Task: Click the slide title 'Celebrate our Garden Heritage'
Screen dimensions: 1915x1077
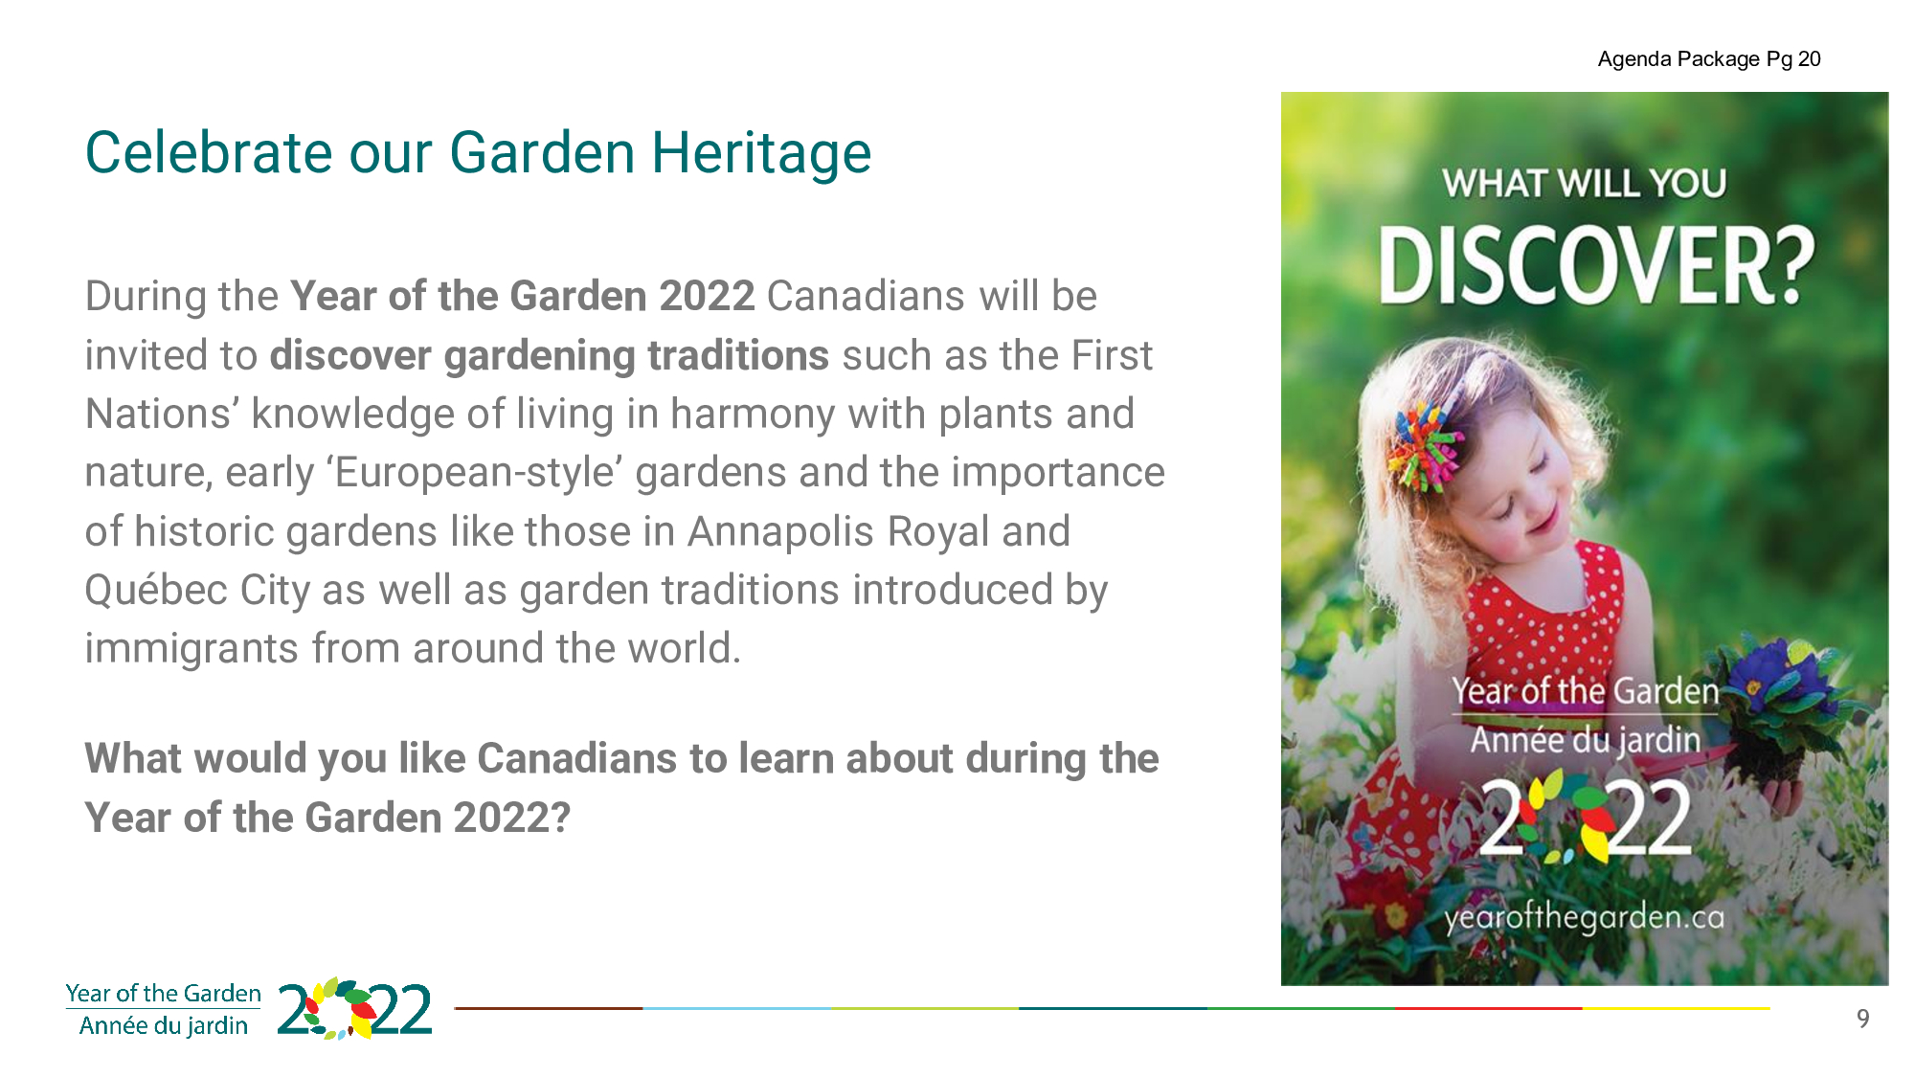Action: [478, 153]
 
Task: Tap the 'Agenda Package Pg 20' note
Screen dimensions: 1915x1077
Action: [1709, 59]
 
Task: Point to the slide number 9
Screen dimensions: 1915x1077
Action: [1862, 1019]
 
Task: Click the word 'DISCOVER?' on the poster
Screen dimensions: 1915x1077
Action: [1596, 265]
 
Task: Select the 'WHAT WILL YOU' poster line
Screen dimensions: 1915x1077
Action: [1585, 183]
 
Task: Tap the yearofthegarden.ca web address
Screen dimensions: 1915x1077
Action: [1585, 917]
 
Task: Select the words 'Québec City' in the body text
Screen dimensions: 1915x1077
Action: [197, 591]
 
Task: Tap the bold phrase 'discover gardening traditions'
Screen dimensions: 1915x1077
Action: [550, 356]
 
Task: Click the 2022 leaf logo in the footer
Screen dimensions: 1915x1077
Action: [354, 1009]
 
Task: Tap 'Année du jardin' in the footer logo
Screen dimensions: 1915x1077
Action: [164, 1026]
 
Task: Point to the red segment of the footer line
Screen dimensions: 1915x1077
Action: [1489, 1008]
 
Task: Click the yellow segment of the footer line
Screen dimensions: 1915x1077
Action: [1677, 1008]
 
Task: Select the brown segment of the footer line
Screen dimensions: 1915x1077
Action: [549, 1008]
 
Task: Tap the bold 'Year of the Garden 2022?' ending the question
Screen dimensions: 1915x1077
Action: [327, 819]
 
